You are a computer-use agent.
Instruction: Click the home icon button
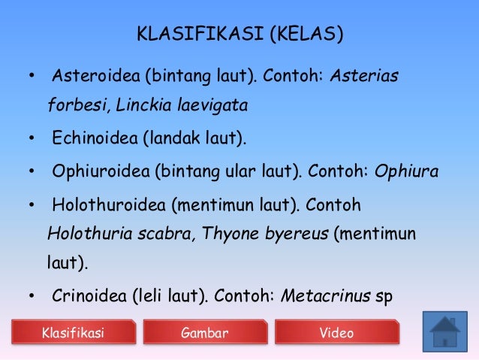tap(444, 330)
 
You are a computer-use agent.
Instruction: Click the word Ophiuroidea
tap(100, 172)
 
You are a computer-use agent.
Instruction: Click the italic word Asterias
tap(364, 77)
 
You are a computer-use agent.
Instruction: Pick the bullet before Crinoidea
tap(32, 296)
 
